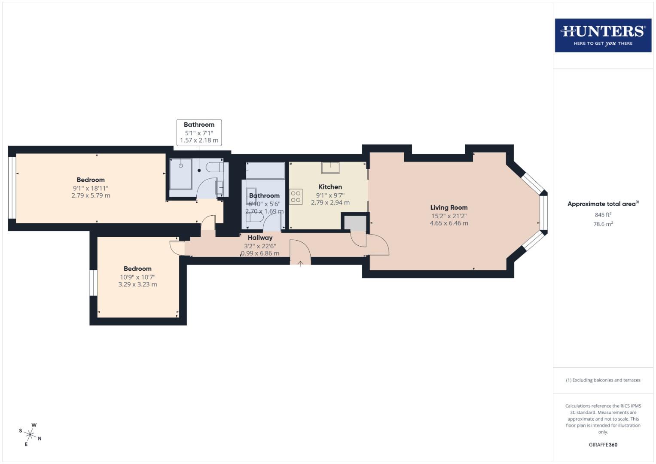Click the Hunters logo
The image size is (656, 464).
pos(603,35)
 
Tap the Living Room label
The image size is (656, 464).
pos(449,208)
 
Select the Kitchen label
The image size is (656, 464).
pos(330,187)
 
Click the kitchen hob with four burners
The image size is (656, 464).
pos(296,196)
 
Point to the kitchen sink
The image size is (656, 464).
pos(330,167)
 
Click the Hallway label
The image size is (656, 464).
pos(260,238)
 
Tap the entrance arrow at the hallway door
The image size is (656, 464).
pos(300,263)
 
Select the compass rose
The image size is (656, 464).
pos(31,434)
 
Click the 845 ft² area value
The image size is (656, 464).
pos(603,215)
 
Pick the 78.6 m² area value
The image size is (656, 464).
pos(603,224)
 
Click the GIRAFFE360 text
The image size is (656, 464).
pos(603,445)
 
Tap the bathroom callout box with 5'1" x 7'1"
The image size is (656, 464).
pos(199,132)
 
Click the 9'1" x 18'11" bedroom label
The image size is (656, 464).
pos(91,188)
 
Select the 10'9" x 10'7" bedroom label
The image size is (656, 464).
pos(137,277)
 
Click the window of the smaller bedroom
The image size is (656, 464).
pos(93,283)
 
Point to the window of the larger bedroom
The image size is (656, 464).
pos(12,188)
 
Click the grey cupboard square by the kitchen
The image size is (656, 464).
pos(355,223)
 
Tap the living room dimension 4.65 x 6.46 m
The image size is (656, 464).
pos(449,223)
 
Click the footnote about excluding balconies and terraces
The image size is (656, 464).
pos(603,380)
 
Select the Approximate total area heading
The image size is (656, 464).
pos(603,204)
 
